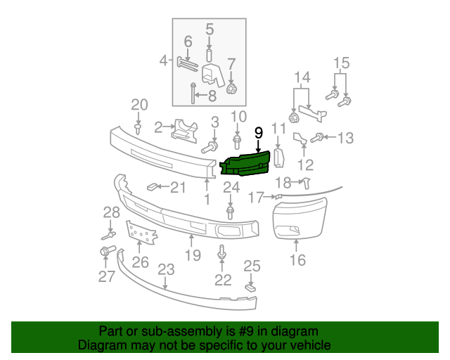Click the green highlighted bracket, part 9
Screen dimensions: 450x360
coord(245,165)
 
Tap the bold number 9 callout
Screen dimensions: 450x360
coord(259,133)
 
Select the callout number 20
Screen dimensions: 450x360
coord(139,105)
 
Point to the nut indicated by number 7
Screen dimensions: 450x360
coord(231,89)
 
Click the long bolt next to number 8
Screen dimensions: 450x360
coord(193,94)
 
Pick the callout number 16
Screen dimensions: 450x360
coord(298,260)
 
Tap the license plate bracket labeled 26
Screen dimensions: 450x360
coord(142,233)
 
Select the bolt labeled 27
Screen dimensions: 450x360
coord(108,250)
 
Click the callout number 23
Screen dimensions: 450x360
coord(166,269)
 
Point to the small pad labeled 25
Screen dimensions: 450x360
coord(250,288)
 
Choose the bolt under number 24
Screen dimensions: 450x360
coord(230,213)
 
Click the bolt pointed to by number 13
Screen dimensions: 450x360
coord(317,138)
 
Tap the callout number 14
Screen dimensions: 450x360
coord(302,77)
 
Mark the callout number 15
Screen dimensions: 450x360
coord(342,63)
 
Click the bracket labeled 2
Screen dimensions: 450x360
coord(184,131)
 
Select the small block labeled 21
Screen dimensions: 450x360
coord(151,187)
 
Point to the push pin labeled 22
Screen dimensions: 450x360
coord(221,252)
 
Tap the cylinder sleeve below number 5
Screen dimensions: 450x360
coord(210,56)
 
